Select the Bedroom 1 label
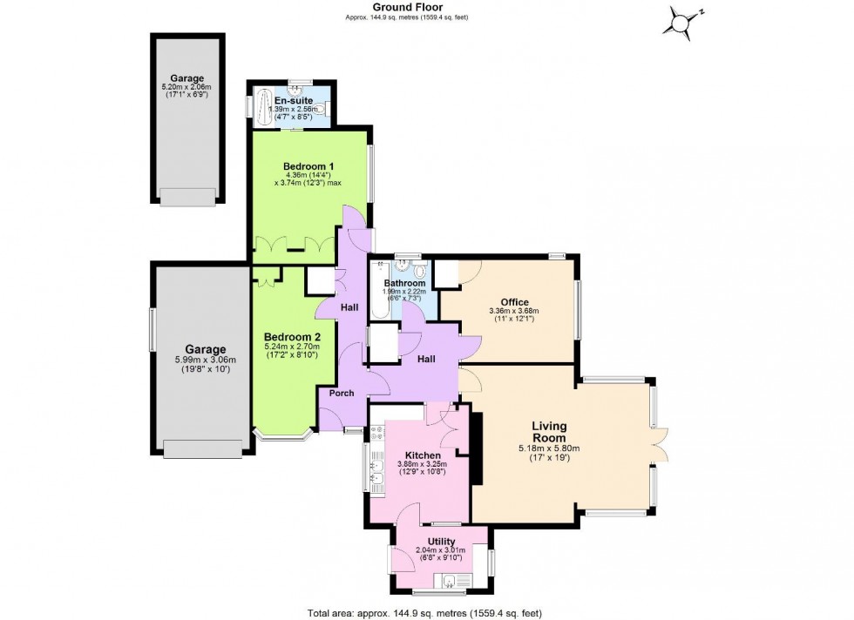point(308,165)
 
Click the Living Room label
point(550,432)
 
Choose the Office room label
point(514,302)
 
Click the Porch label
point(341,393)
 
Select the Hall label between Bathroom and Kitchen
point(427,358)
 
